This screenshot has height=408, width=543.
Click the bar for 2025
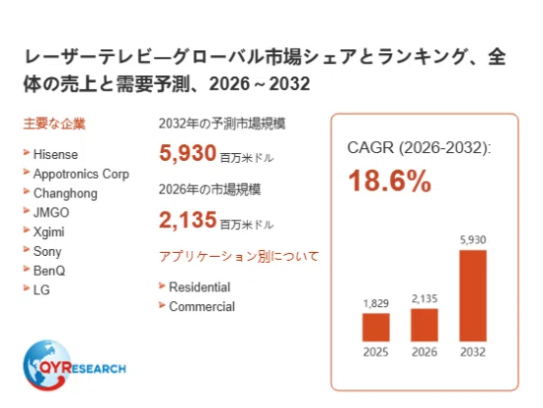click(x=375, y=328)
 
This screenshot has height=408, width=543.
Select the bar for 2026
click(x=424, y=325)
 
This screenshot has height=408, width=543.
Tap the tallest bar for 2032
click(x=472, y=295)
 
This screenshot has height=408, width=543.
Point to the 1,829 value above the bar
click(x=375, y=303)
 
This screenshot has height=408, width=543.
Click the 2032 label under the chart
click(x=472, y=352)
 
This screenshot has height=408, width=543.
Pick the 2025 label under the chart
click(x=375, y=352)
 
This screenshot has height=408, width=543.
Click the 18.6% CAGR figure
click(x=389, y=180)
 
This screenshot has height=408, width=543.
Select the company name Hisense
click(x=56, y=154)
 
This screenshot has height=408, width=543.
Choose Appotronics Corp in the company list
click(x=81, y=174)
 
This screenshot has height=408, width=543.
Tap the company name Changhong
click(x=65, y=193)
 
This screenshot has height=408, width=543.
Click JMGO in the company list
click(x=51, y=213)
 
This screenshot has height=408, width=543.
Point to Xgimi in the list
click(x=48, y=231)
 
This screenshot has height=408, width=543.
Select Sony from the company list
click(x=47, y=251)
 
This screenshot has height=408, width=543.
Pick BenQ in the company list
click(x=49, y=271)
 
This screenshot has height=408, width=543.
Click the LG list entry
click(x=41, y=289)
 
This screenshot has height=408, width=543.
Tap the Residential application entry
click(x=199, y=287)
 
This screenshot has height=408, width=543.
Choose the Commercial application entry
click(x=202, y=306)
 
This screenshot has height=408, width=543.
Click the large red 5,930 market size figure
click(x=187, y=153)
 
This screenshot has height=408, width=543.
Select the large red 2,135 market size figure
click(x=187, y=220)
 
